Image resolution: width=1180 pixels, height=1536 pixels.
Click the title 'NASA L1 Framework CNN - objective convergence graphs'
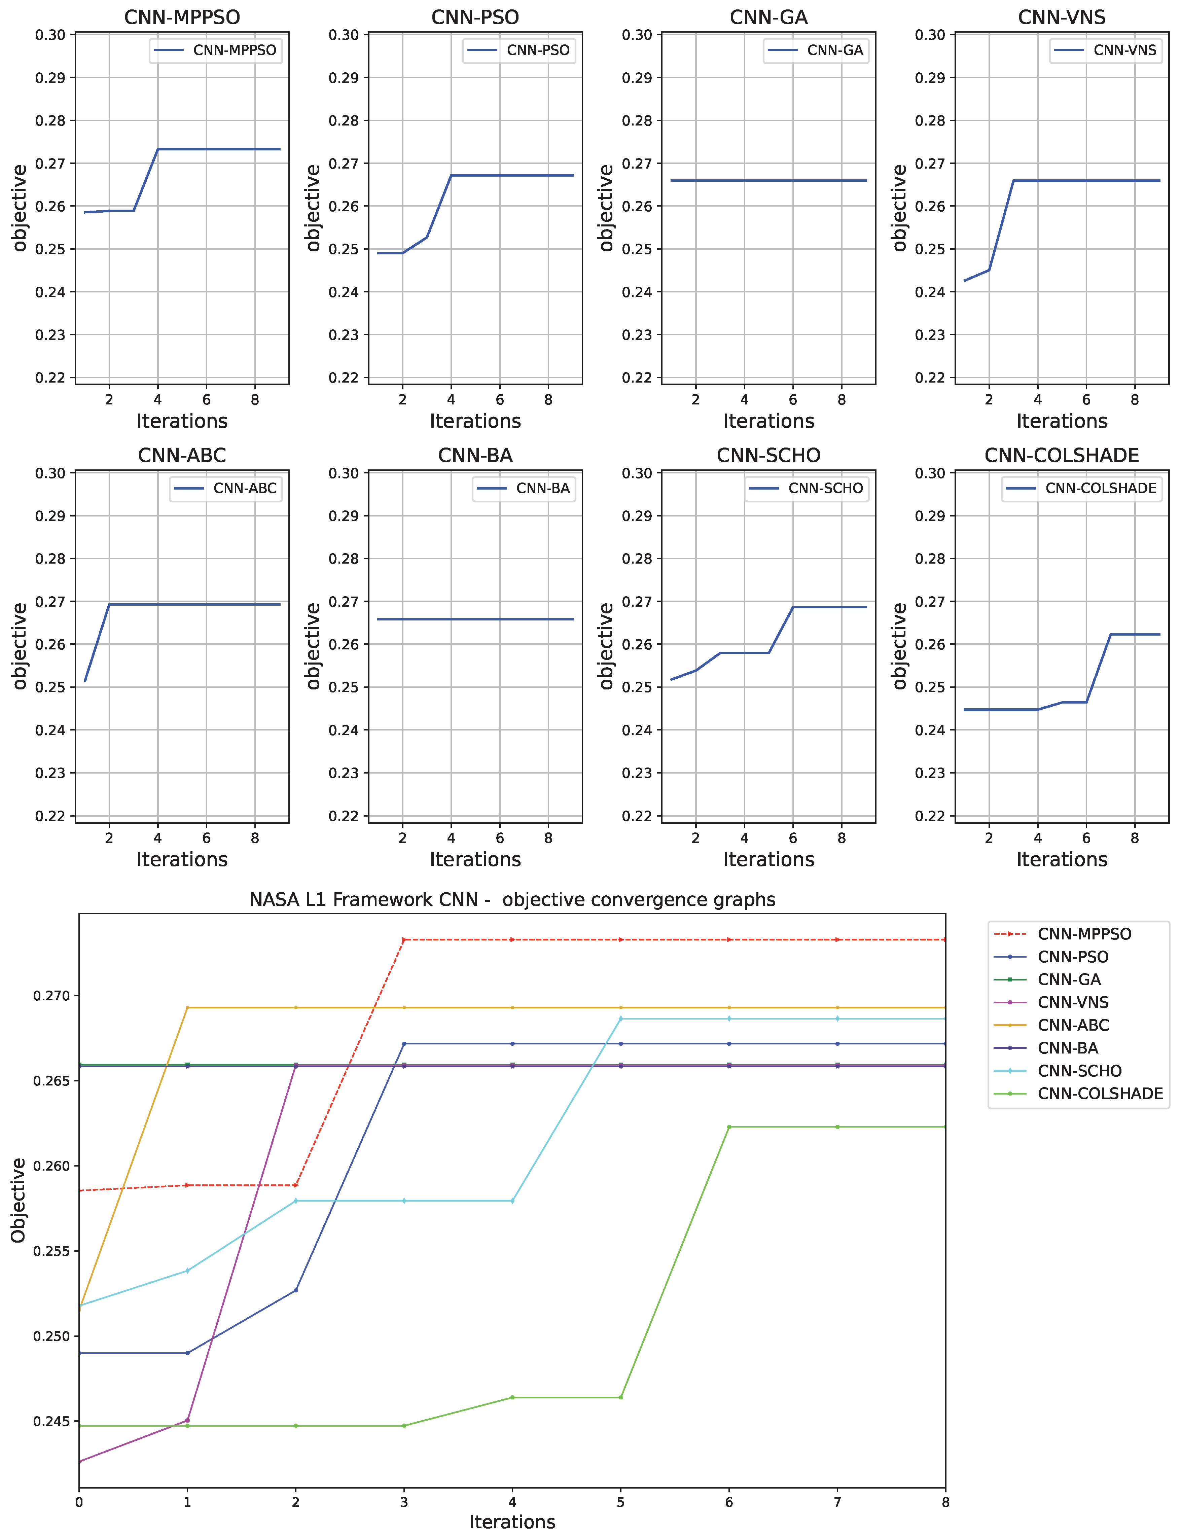(x=512, y=900)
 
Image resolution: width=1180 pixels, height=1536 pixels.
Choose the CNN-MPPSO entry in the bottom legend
(x=1084, y=934)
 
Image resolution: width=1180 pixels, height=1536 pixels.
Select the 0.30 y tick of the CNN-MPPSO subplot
(x=50, y=35)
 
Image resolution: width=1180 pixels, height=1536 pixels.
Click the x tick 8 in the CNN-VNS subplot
(x=1134, y=400)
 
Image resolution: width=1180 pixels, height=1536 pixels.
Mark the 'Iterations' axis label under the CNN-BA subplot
(x=475, y=860)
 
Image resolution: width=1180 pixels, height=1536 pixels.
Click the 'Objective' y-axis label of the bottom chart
(x=18, y=1200)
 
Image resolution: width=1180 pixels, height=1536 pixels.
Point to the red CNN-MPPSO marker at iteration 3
(x=404, y=940)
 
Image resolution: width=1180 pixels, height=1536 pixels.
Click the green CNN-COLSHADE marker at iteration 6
(x=729, y=1127)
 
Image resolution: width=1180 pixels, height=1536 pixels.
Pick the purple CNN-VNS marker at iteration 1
(x=187, y=1420)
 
